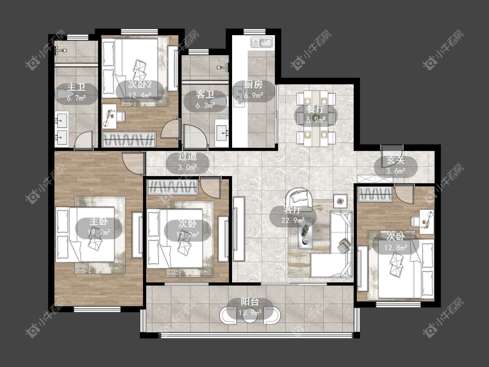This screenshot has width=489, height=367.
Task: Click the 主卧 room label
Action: [99, 221]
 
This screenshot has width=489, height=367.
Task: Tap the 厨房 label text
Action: [253, 84]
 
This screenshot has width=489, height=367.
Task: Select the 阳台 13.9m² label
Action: [250, 307]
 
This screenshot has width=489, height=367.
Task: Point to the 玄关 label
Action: [396, 160]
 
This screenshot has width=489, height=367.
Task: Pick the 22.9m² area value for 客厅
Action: [293, 220]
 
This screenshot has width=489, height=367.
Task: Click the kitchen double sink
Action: [262, 43]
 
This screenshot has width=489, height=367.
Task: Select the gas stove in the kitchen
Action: [240, 97]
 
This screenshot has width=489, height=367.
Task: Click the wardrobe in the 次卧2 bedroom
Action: [129, 139]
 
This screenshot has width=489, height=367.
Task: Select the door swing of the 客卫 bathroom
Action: [194, 137]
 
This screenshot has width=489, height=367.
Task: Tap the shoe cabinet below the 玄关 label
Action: [375, 179]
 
